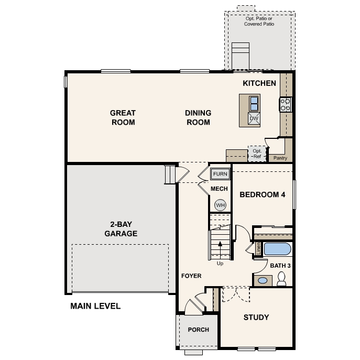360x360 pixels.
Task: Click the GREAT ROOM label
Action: coord(123,117)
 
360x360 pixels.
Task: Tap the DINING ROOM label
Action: coord(198,117)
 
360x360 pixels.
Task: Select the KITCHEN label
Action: coord(259,83)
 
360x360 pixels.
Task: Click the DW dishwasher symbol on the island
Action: coord(254,118)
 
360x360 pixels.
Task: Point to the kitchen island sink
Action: coord(254,102)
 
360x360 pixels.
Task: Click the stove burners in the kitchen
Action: coord(286,104)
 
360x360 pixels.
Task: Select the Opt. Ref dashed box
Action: coord(257,154)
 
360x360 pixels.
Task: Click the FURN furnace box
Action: coord(220,174)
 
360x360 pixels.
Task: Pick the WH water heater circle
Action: coord(220,205)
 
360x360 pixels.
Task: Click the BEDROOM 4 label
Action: coord(262,194)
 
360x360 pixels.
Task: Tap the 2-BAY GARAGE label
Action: coord(121,230)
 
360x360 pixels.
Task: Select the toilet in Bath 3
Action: coord(281,278)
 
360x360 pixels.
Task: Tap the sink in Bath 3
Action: coord(263,280)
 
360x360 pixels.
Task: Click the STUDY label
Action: coord(256,317)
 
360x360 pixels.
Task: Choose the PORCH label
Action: coord(199,330)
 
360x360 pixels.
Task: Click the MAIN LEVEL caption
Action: coord(95,306)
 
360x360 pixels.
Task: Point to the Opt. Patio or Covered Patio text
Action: coord(259,21)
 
